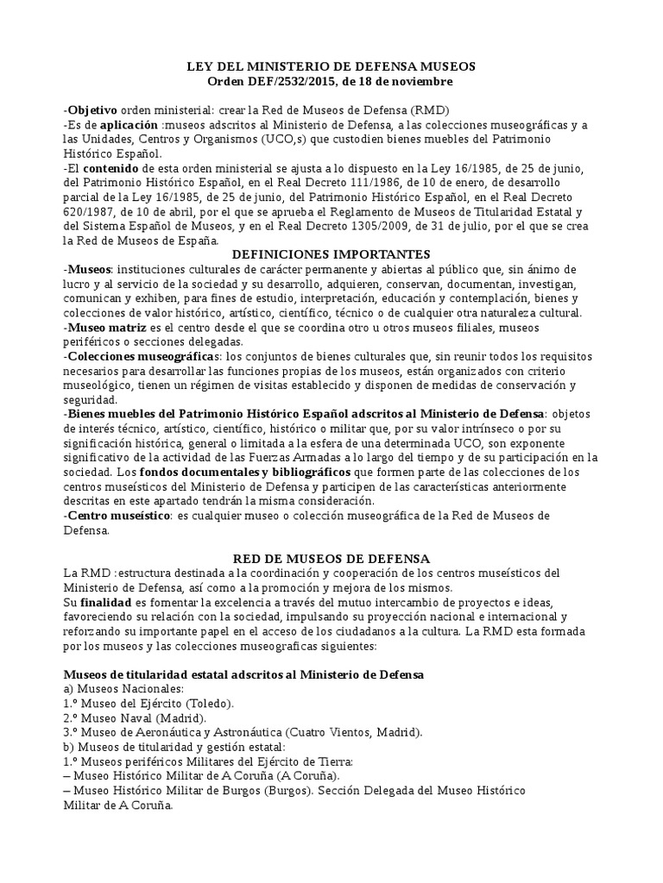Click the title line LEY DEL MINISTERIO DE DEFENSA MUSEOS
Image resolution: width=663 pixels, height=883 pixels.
(331, 66)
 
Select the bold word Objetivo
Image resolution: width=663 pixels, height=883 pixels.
(92, 111)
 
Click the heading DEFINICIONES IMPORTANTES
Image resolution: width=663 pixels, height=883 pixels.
(331, 254)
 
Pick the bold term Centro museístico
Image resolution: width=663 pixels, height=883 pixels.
(118, 516)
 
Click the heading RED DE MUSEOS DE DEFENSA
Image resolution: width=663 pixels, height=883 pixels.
(331, 559)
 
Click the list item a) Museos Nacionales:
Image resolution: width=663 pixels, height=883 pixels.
(124, 689)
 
